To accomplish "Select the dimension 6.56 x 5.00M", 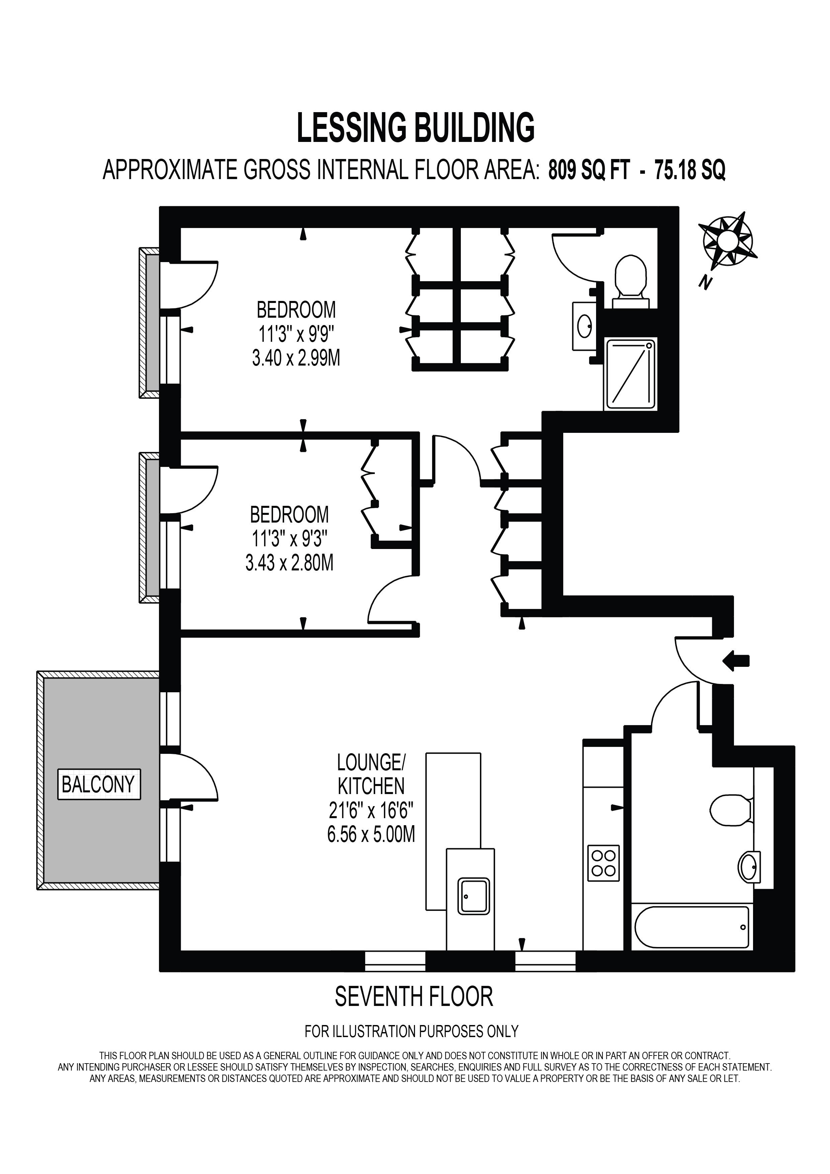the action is pos(371,835).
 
